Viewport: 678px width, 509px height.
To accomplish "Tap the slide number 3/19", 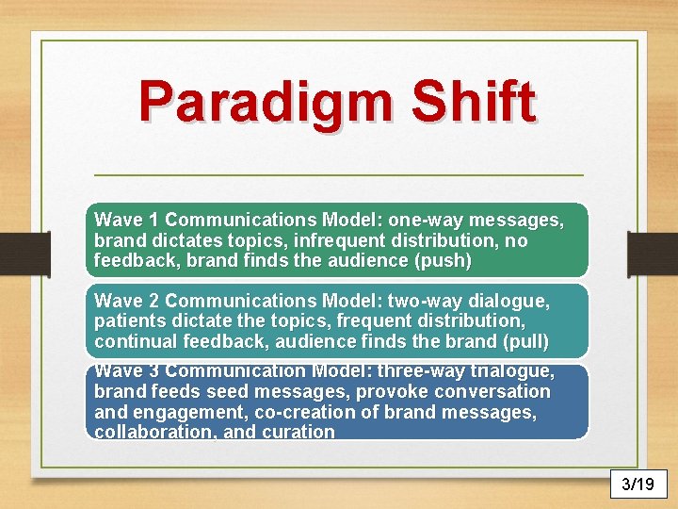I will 638,484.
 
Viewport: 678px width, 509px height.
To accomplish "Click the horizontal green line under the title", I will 339,175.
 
